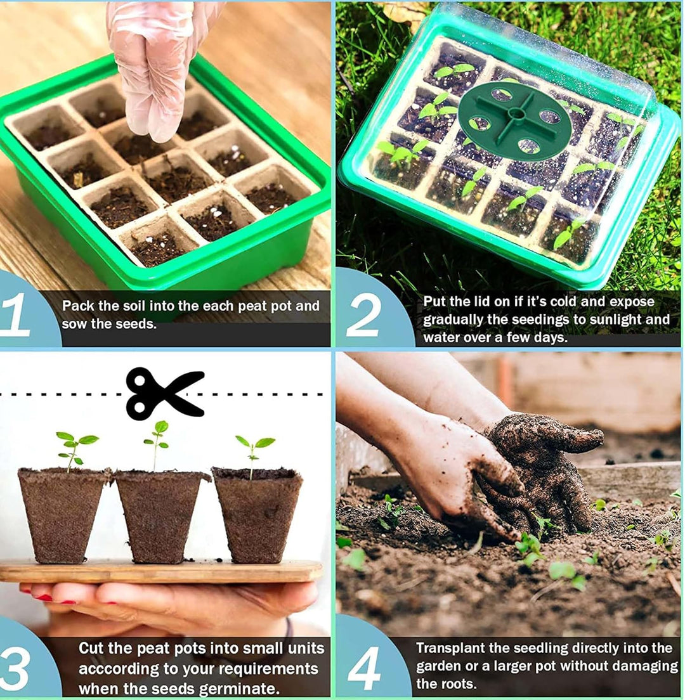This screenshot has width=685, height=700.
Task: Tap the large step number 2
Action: coord(364,316)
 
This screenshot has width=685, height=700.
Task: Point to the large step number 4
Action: coord(364,668)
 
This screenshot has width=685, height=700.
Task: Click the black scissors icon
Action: coord(165,393)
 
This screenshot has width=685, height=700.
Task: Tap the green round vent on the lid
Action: coord(514,120)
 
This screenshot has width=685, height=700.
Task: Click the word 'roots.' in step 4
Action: coord(458,684)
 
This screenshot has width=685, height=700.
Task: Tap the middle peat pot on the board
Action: coord(159,516)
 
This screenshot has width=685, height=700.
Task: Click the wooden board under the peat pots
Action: coord(160,571)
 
